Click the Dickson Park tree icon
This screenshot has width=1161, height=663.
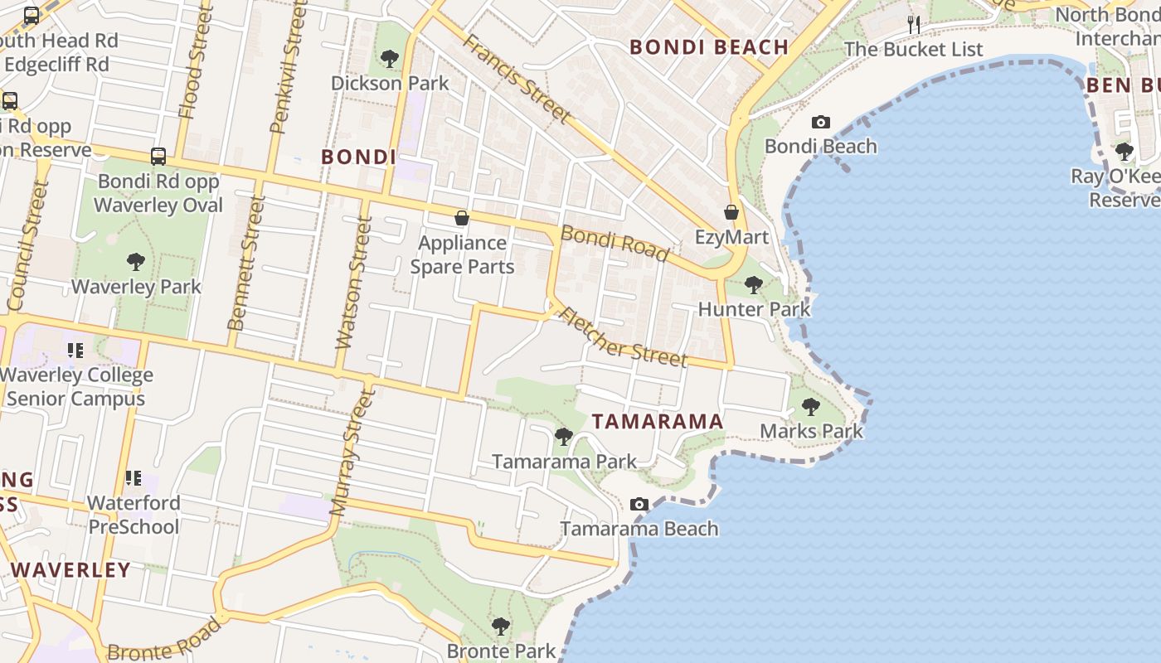pos(389,59)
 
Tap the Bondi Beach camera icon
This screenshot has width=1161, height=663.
pos(820,123)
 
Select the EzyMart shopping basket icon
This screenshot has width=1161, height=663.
pos(731,213)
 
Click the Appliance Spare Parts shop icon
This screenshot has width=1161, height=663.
pos(462,218)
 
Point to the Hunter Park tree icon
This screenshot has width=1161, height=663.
pos(753,285)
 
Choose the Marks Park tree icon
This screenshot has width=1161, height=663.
pos(811,407)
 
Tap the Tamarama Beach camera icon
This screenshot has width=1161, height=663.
pos(639,504)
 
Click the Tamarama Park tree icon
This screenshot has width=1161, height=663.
pos(564,436)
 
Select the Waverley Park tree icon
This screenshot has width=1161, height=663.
pos(136,263)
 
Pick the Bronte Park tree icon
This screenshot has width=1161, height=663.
pos(500,626)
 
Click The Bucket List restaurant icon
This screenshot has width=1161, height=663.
pos(914,24)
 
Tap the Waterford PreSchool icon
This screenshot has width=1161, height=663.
pos(133,478)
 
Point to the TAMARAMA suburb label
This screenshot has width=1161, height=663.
pos(658,421)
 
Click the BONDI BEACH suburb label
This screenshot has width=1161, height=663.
pos(709,47)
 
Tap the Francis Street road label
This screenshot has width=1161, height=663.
pos(517,78)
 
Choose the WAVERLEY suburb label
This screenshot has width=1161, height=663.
pos(71,570)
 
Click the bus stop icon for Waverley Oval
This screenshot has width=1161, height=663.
pos(158,156)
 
